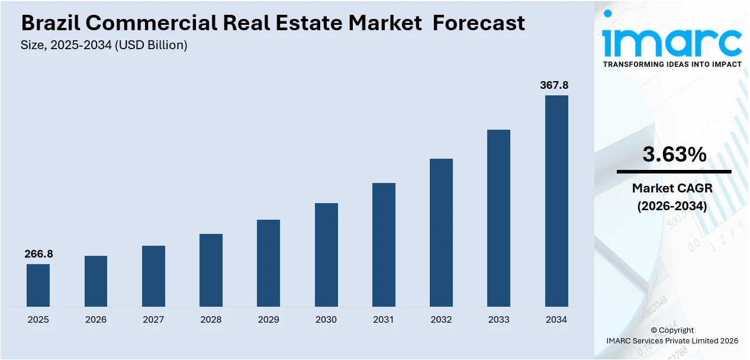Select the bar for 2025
(38, 285)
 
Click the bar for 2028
(211, 270)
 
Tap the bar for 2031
(384, 245)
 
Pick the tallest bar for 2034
(556, 201)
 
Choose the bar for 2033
(498, 218)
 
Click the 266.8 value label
(38, 254)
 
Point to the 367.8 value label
(554, 85)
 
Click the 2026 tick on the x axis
(96, 320)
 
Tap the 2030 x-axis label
(326, 320)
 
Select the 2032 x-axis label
(441, 320)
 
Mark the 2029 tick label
(268, 320)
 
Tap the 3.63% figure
(674, 155)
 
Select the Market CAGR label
(672, 188)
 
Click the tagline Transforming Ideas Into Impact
(672, 65)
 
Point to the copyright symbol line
(672, 330)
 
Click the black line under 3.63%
(674, 172)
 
